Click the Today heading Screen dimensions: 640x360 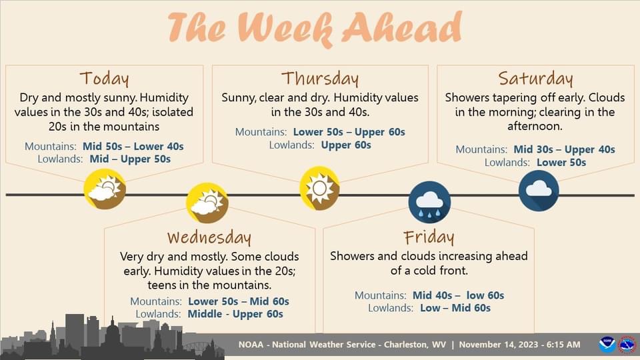(x=105, y=78)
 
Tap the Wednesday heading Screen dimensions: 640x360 (x=209, y=237)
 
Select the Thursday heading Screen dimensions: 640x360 (x=320, y=78)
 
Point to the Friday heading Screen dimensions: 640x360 (x=429, y=237)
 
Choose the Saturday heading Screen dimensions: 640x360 (x=535, y=78)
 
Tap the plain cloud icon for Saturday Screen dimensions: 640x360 (x=539, y=191)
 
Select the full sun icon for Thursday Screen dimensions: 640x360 (x=319, y=188)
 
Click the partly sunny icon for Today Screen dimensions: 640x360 (x=105, y=189)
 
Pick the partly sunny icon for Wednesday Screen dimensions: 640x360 (x=207, y=203)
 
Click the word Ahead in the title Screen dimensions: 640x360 (x=403, y=28)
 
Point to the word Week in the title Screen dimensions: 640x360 (x=288, y=29)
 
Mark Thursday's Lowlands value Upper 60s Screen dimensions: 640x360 (x=346, y=145)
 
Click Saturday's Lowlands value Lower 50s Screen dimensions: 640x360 (x=561, y=163)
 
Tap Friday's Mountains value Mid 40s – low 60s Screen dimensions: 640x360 (x=459, y=295)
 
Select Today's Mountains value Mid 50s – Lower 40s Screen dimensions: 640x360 (x=133, y=146)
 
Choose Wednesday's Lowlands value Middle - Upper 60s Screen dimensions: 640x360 (x=235, y=314)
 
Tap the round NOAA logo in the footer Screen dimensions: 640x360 (x=607, y=345)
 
